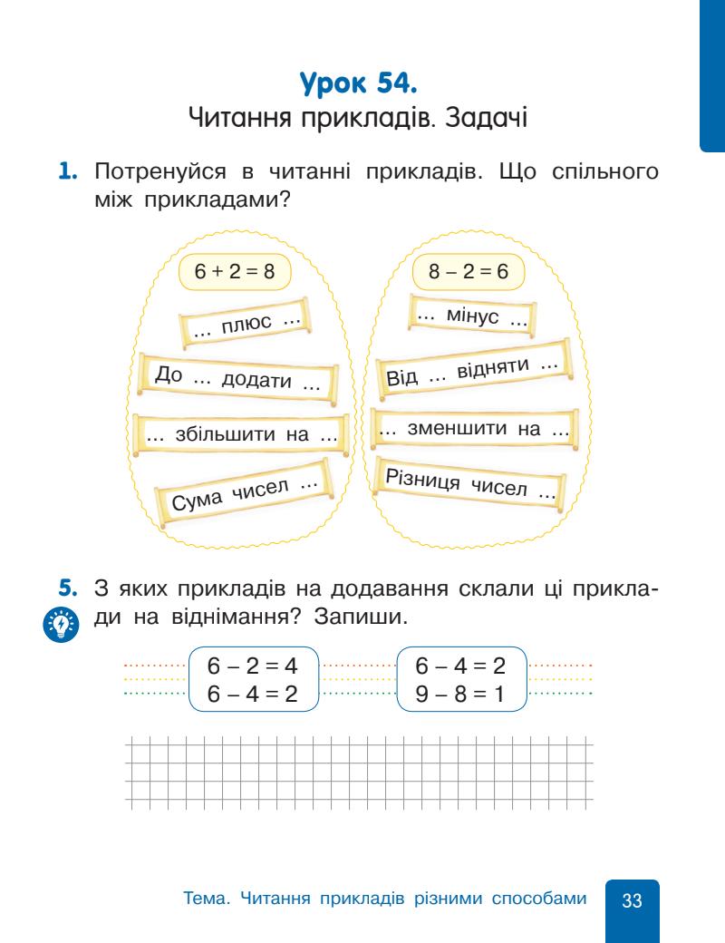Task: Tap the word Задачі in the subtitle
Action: pos(488,119)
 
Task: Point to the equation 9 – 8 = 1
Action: pos(460,692)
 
